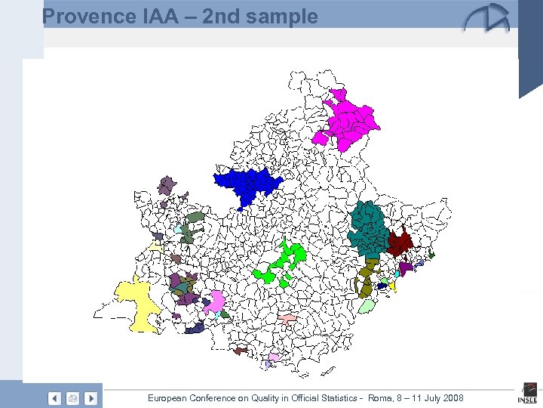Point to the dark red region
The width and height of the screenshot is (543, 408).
coord(399,243)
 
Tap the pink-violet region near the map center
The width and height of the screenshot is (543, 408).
coord(215,302)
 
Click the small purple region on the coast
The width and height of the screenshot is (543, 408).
coord(406,267)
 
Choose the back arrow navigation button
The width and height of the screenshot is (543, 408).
coord(54,398)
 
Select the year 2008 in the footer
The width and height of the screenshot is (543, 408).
coord(452,398)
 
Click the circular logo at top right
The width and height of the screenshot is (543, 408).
coord(486,19)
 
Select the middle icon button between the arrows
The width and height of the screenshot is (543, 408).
coord(72,398)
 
